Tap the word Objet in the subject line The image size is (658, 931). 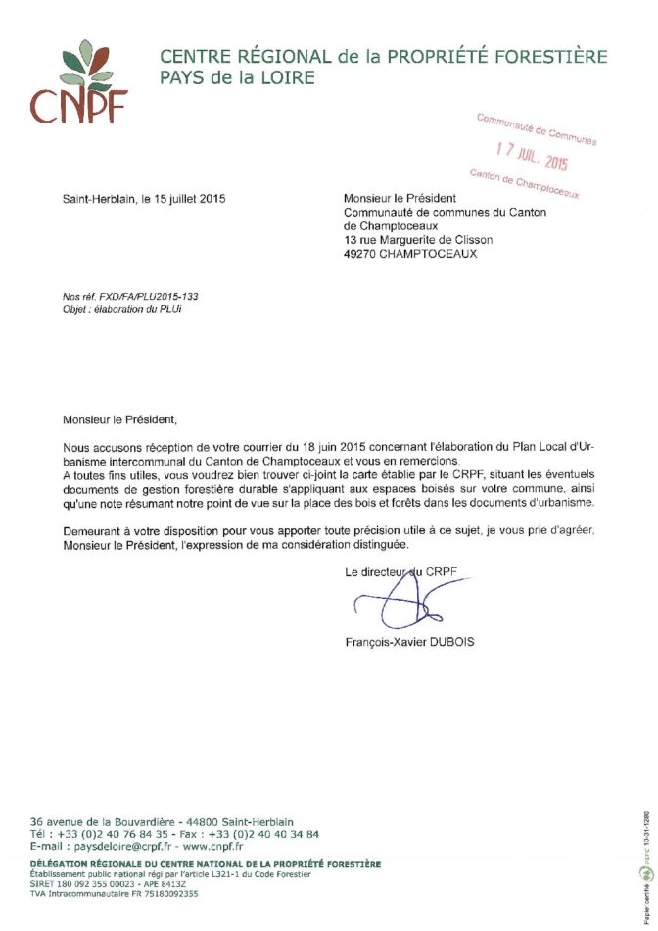75,308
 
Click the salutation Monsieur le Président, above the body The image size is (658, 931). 120,420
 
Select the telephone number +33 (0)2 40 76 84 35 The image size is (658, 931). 116,833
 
